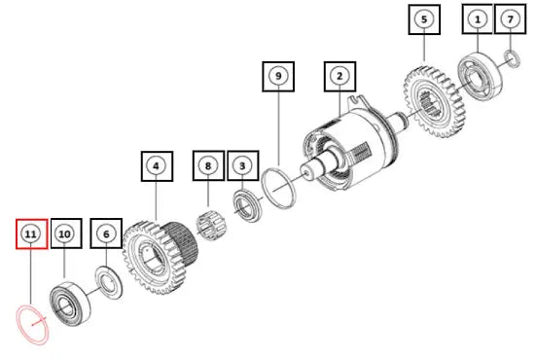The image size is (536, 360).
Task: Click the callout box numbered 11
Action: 31,234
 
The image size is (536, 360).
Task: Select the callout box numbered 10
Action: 66,234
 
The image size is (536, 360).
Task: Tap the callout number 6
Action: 106,234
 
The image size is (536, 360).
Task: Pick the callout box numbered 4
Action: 157,166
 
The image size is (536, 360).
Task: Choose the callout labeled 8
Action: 208,165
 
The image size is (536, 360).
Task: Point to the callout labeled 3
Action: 242,165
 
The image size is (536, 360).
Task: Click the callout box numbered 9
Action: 278,76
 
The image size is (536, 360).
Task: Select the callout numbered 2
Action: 339,76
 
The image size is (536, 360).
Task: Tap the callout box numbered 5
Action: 424,19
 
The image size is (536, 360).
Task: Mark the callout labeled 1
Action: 478,18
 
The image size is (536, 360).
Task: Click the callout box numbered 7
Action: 510,18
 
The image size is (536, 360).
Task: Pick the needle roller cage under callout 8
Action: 210,225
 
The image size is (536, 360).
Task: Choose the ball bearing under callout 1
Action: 481,76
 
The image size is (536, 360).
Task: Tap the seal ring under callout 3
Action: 247,206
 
